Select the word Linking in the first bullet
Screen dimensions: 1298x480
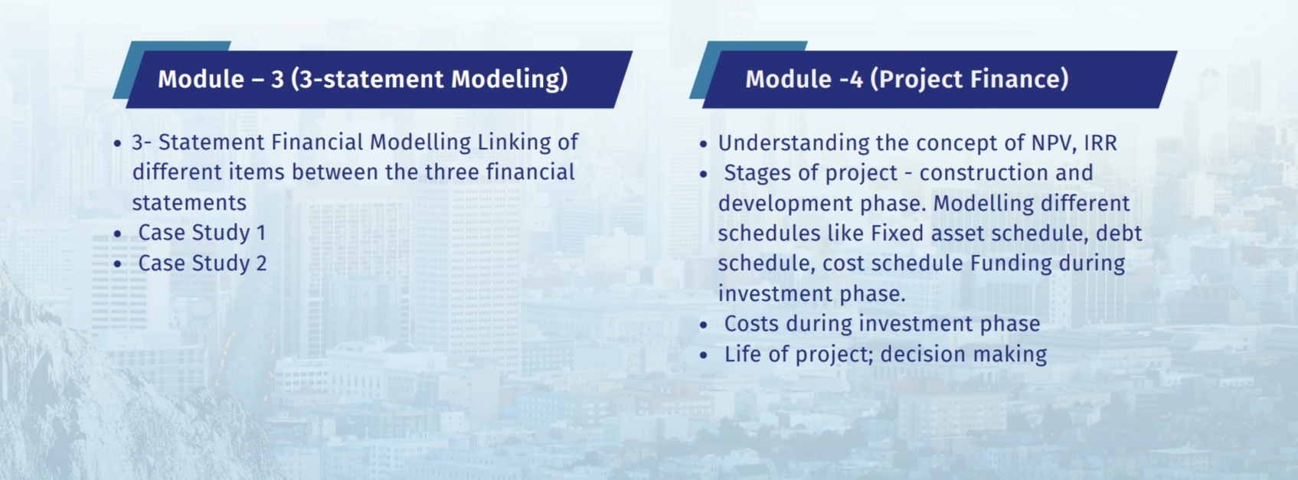513,142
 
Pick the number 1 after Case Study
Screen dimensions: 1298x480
261,233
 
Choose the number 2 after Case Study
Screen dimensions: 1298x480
261,263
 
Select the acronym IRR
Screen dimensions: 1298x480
1100,143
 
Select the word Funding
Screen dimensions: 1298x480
1011,263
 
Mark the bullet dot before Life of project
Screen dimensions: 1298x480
704,355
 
